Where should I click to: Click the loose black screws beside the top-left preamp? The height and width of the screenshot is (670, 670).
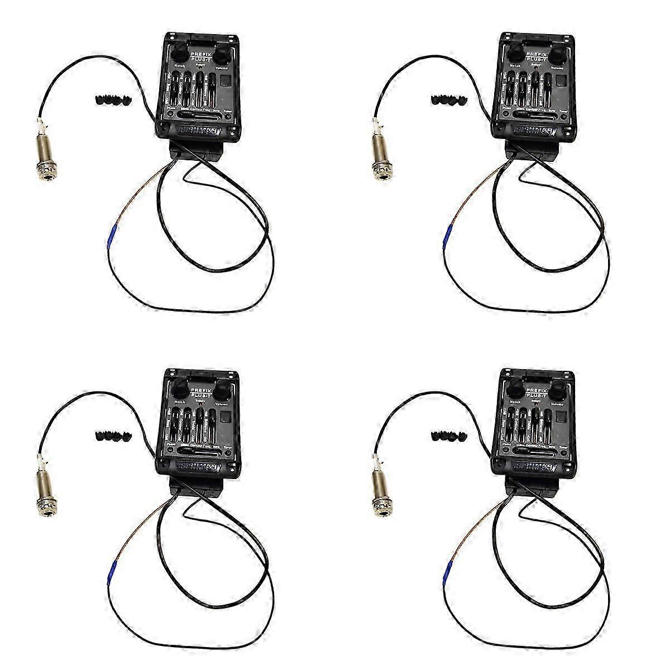106,100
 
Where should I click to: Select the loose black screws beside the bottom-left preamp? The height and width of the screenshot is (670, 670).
106,435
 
